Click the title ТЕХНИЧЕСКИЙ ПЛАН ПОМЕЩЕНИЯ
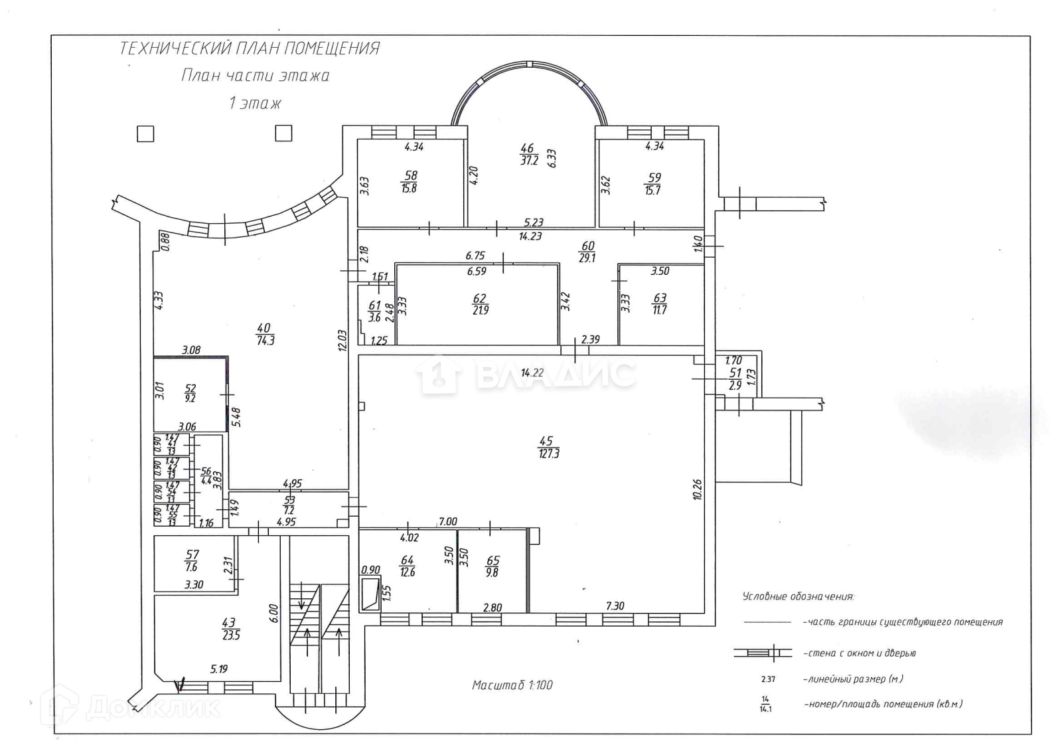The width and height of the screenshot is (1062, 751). [x=250, y=48]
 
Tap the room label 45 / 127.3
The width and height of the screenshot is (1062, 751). [x=548, y=448]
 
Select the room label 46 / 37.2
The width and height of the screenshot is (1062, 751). [x=528, y=154]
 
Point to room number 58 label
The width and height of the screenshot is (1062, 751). [x=410, y=175]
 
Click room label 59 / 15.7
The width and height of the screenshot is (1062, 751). [x=654, y=184]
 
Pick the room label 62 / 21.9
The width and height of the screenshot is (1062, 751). [x=480, y=304]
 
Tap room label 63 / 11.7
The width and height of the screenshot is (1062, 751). [x=659, y=303]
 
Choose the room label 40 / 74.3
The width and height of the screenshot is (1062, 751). [x=265, y=334]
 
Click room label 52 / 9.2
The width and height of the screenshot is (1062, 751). [x=190, y=393]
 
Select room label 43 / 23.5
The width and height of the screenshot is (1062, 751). [x=230, y=629]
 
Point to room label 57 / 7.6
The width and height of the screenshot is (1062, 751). [x=192, y=560]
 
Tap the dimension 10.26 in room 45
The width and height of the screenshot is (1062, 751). [x=697, y=489]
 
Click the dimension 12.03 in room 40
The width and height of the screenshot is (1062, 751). [x=342, y=340]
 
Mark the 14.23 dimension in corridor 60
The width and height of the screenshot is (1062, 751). [x=530, y=236]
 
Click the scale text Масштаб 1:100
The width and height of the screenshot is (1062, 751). [x=512, y=685]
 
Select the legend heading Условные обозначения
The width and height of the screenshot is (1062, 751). [x=798, y=596]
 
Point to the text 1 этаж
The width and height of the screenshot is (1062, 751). [x=255, y=103]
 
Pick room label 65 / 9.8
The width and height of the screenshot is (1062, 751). [x=493, y=566]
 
